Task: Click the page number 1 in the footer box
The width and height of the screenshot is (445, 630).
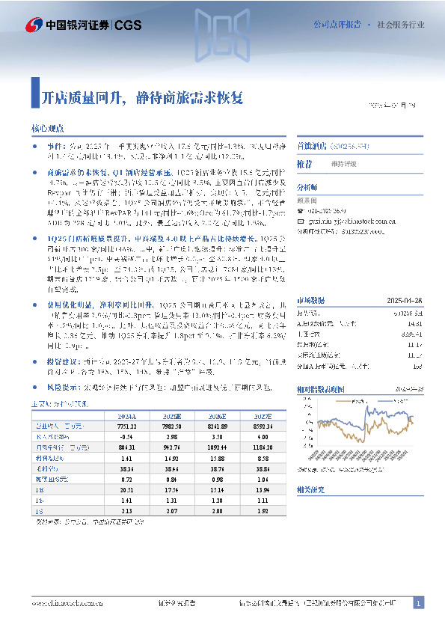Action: [419, 603]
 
